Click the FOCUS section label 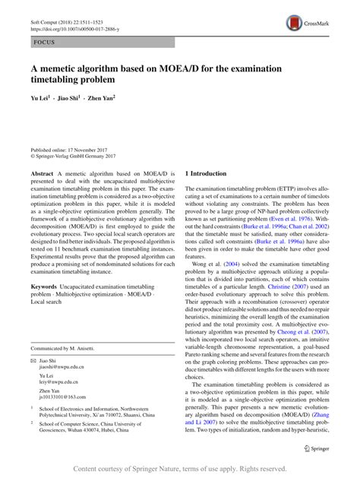tap(39, 43)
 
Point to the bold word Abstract tap(41, 174)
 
